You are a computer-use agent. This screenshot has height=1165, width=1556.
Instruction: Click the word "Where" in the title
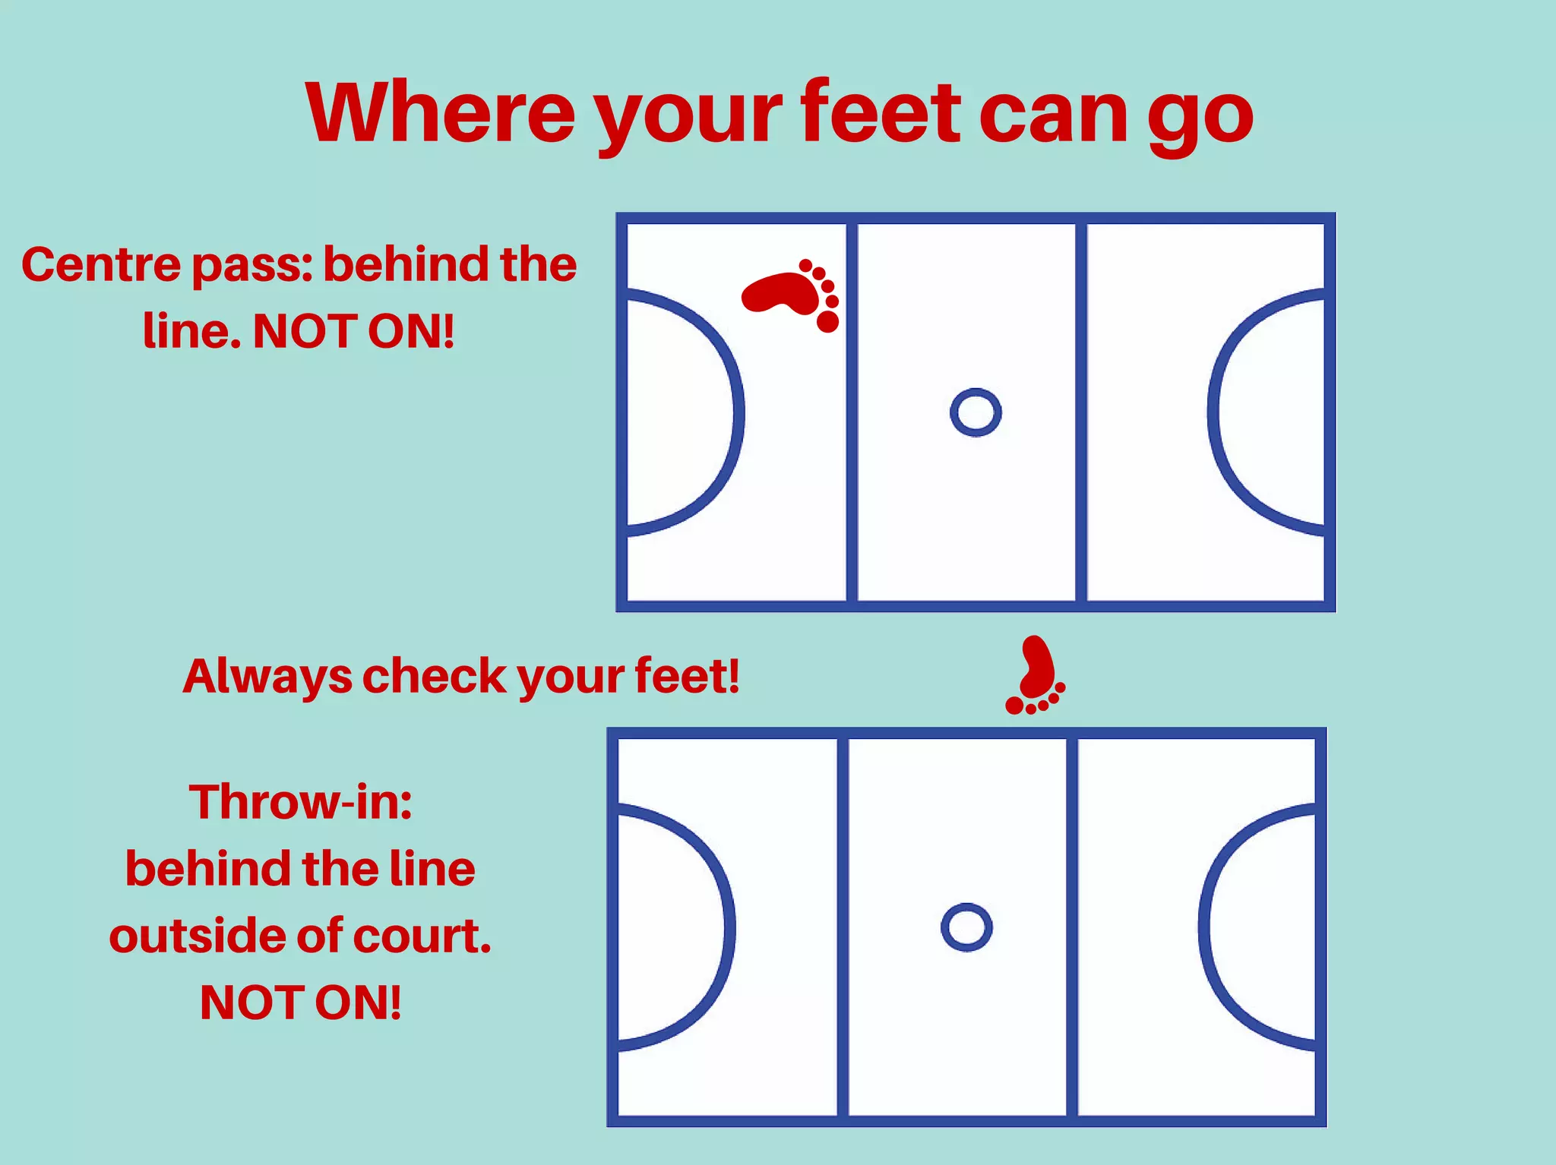coord(440,113)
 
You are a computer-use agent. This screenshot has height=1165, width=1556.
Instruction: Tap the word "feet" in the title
coord(881,113)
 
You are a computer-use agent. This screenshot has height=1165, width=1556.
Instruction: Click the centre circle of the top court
coord(976,412)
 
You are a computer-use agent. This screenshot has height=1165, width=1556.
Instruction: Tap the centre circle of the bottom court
coord(966,927)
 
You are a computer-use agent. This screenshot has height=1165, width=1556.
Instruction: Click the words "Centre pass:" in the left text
coord(166,266)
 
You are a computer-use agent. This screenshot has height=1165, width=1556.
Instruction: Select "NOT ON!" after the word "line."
coord(353,332)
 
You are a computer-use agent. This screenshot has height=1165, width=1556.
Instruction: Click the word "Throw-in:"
coord(300,802)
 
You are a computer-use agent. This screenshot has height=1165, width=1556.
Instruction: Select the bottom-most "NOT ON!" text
coord(300,1002)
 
